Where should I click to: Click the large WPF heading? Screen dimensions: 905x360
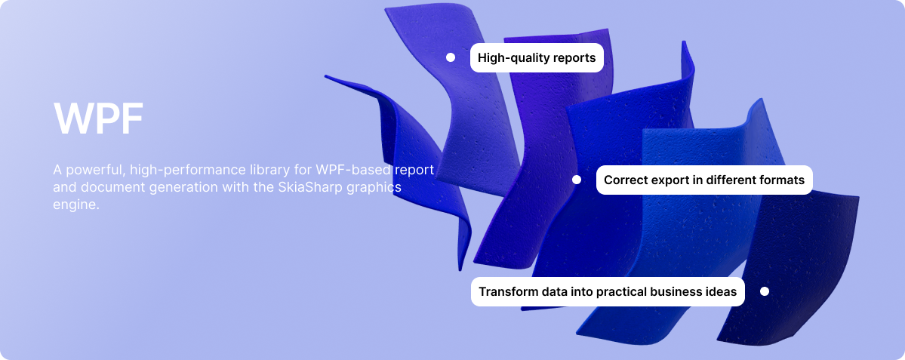tap(98, 118)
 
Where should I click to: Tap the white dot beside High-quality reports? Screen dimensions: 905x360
tap(451, 57)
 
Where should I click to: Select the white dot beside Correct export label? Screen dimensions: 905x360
tap(577, 180)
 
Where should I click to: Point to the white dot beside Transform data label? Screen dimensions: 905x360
tap(765, 291)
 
